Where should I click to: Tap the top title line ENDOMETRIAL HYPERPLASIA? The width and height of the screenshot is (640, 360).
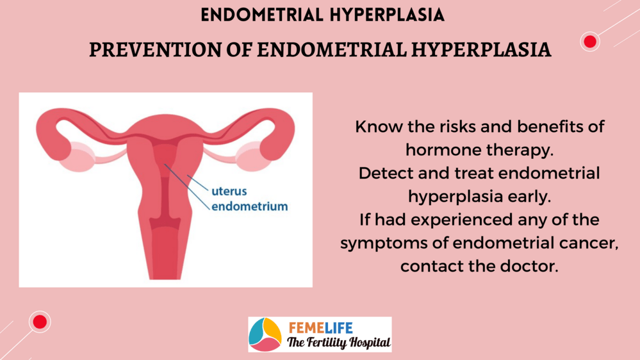pyautogui.click(x=322, y=15)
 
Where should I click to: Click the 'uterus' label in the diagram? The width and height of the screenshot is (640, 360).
pyautogui.click(x=229, y=191)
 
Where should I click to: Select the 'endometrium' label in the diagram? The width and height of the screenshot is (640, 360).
pyautogui.click(x=249, y=206)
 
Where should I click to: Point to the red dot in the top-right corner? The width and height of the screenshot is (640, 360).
pyautogui.click(x=590, y=41)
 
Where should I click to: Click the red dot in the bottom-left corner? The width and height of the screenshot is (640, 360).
pyautogui.click(x=40, y=322)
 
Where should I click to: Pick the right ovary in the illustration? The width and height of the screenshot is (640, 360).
pyautogui.click(x=254, y=156)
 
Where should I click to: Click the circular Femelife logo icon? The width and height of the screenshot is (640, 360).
pyautogui.click(x=265, y=334)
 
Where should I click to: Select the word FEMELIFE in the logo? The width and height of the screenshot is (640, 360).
pyautogui.click(x=320, y=328)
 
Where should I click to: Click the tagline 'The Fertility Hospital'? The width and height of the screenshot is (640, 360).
pyautogui.click(x=338, y=342)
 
